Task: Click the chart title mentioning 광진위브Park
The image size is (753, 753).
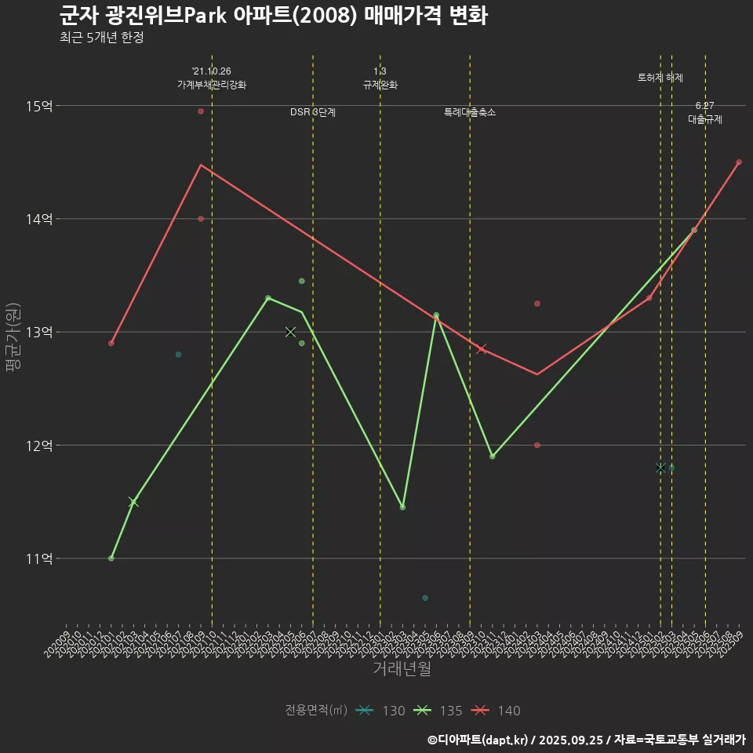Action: [273, 16]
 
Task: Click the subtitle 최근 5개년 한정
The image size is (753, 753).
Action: [101, 38]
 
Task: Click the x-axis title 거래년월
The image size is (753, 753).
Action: [402, 669]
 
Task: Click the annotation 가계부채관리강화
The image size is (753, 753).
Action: [212, 85]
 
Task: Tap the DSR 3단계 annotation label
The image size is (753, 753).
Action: [313, 112]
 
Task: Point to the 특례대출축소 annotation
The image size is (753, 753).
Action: [470, 112]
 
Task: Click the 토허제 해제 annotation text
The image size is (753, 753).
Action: [660, 78]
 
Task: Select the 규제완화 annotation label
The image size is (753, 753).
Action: [380, 85]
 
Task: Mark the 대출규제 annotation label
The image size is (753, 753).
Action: [705, 119]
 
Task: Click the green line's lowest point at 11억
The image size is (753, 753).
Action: [111, 558]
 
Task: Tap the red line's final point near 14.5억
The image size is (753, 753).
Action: [739, 162]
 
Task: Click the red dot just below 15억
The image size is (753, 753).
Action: [201, 111]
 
